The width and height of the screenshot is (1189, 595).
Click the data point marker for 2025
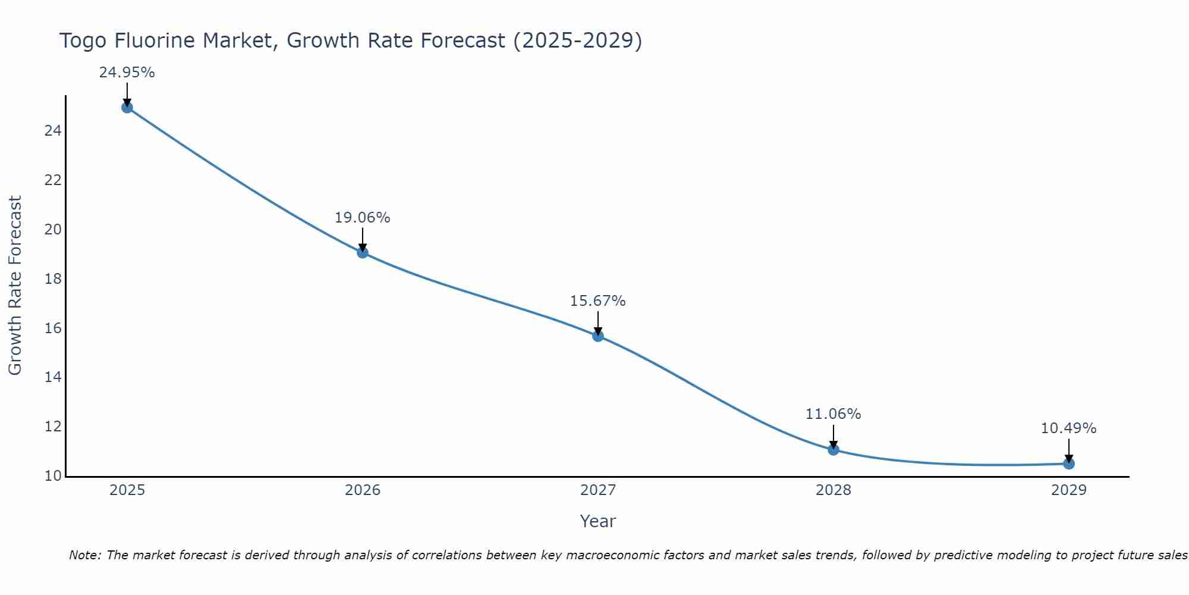coord(127,107)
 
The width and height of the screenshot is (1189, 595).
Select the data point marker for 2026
coord(363,252)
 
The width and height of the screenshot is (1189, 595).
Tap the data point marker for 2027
coord(598,336)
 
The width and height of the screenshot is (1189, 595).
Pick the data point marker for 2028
coord(833,449)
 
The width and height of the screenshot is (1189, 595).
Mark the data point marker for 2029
coord(1069,464)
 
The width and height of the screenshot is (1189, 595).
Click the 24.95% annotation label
coord(127,73)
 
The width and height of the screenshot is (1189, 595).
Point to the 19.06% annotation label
coord(362,218)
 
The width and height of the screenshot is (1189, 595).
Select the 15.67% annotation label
coord(597,301)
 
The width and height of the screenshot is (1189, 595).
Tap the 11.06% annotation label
coord(833,414)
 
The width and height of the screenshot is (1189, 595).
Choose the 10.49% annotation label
coord(1068,428)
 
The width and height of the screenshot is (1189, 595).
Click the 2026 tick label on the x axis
coord(363,490)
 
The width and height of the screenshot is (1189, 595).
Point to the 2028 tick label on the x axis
coord(833,490)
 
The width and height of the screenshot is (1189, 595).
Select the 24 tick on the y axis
coord(53,131)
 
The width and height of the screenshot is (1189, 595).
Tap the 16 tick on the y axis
coord(53,328)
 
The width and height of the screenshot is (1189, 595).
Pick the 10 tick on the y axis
coord(53,476)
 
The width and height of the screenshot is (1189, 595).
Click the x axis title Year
coord(597,521)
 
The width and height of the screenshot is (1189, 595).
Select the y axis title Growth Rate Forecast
coord(15,286)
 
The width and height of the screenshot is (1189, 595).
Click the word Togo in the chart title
coord(83,41)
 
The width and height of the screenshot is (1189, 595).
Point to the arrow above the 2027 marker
coord(598,322)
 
